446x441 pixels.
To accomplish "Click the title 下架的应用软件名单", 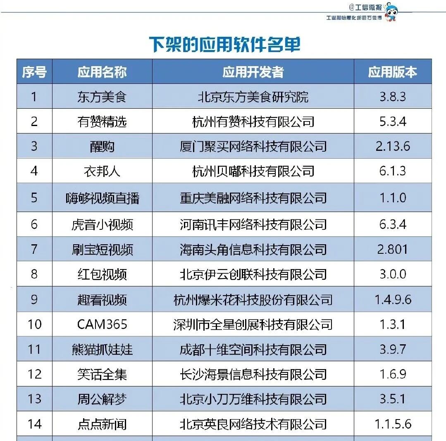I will click(x=224, y=44).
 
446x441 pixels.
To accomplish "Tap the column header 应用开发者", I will click(x=253, y=72).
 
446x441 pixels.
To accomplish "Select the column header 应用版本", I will click(x=392, y=72).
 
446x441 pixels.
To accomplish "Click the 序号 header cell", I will click(x=34, y=72).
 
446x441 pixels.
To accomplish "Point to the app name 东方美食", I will click(x=102, y=97).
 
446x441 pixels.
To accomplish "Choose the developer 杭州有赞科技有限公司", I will click(x=253, y=122).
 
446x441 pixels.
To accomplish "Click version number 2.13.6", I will click(x=393, y=146).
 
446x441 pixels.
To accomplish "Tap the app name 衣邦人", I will click(x=102, y=171).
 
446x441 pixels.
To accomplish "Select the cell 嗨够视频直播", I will click(x=102, y=198).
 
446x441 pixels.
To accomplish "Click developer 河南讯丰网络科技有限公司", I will click(x=253, y=224).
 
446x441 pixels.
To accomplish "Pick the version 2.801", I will click(x=393, y=249).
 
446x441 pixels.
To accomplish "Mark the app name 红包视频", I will click(x=102, y=274).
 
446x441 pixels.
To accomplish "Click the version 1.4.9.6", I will click(x=393, y=299).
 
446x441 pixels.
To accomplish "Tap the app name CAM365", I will click(x=102, y=324).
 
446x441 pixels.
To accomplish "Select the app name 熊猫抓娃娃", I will click(x=102, y=349).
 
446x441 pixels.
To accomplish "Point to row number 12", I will click(x=34, y=374).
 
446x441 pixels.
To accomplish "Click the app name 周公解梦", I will click(x=102, y=399).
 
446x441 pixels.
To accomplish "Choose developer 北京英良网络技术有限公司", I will click(x=253, y=424).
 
